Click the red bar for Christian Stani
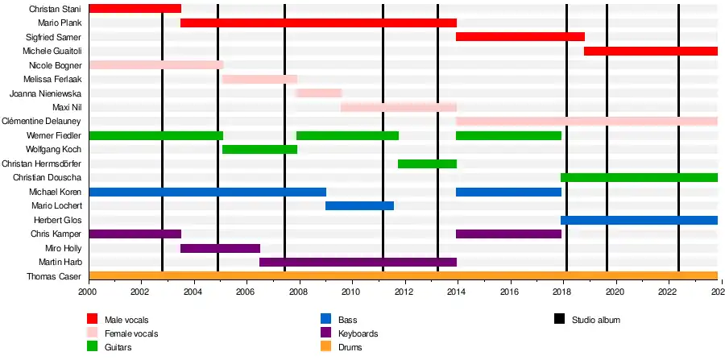135,8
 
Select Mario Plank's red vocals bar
318,23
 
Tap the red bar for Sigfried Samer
520,37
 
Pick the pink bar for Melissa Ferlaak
259,79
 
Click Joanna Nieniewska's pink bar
319,93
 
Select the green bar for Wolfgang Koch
259,149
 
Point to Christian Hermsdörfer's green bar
427,163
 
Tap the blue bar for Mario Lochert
359,205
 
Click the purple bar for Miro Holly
220,248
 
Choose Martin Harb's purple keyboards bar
358,262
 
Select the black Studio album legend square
560,320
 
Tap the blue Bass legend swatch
326,320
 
